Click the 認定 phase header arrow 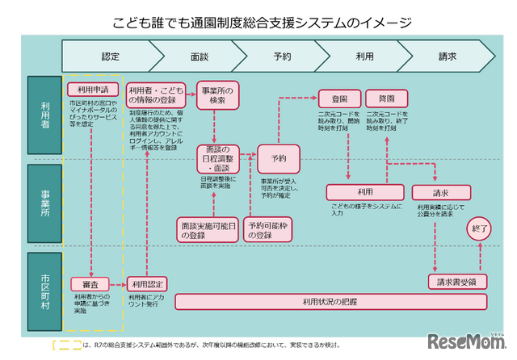coord(110,57)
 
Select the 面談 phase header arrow coord(201,57)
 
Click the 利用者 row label coord(44,115)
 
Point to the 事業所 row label coord(44,206)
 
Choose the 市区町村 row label coord(44,291)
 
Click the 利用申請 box coord(94,89)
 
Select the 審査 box coord(90,283)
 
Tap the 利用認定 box coord(146,283)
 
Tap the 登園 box coord(339,98)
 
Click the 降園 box coord(387,98)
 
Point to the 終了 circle coord(480,229)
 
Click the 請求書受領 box coord(456,281)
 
